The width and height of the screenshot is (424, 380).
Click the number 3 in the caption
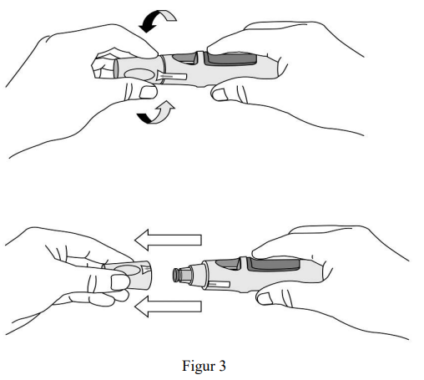(x=222, y=366)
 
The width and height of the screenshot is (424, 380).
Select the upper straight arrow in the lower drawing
(x=168, y=240)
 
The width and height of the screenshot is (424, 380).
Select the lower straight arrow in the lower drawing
(x=168, y=307)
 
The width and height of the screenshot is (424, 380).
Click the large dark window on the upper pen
(x=230, y=58)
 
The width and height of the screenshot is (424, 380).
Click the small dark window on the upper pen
(x=185, y=58)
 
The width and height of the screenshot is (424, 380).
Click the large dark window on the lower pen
(x=274, y=264)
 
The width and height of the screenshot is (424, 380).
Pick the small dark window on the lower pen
(x=228, y=264)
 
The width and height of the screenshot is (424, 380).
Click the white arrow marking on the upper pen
(x=172, y=76)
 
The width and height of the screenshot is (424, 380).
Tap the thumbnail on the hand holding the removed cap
(x=120, y=282)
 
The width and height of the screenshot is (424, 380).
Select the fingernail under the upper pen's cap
(x=148, y=93)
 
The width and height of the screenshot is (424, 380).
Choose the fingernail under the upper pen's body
(x=220, y=94)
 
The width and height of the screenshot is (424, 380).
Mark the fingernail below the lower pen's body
(x=265, y=299)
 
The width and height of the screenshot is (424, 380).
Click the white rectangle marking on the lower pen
(x=219, y=285)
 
